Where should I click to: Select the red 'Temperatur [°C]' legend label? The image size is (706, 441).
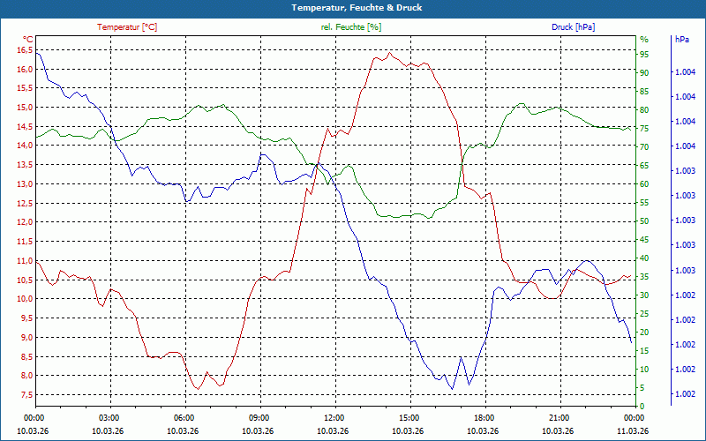coord(127,27)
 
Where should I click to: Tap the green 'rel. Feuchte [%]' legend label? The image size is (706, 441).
coord(351,27)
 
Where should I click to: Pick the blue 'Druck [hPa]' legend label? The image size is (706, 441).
coord(573,27)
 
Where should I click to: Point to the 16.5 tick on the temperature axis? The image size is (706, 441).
coord(24,50)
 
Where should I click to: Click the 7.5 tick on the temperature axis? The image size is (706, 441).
coord(24,394)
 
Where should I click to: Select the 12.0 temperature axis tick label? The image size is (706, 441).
coord(24,222)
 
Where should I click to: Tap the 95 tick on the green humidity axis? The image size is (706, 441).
coord(644,54)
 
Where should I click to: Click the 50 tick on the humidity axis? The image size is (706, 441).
coord(644,221)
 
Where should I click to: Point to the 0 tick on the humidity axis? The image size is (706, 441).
coord(642,407)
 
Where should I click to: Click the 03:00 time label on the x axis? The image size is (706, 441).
coord(109,417)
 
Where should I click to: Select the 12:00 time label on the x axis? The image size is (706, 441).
coord(334,417)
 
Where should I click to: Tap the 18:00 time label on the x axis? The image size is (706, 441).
coord(484,417)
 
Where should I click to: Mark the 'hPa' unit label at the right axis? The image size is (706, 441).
coord(681,40)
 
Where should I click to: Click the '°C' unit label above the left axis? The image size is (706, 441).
coord(28,40)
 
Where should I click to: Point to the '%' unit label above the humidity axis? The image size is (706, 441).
coord(643,40)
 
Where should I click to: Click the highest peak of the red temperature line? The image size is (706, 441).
coord(389,52)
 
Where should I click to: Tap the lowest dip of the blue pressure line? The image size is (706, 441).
coord(453,389)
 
